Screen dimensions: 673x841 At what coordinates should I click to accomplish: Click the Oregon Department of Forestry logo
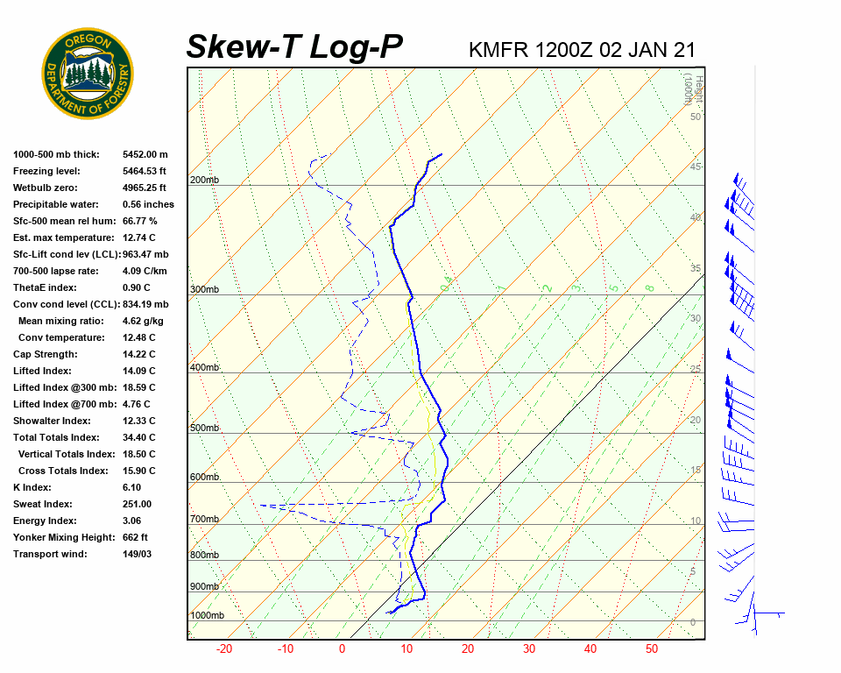pos(88,74)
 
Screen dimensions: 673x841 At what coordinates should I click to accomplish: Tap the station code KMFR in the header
pos(499,49)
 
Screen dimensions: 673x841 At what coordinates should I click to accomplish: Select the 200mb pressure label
pos(204,181)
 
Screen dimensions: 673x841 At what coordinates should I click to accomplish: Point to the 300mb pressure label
pos(204,290)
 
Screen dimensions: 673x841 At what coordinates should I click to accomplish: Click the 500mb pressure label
pos(204,428)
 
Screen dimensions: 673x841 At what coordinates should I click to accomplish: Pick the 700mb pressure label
pos(204,520)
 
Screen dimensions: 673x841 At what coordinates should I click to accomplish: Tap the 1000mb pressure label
pos(207,616)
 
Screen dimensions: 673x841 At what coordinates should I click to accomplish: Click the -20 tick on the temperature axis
pos(224,649)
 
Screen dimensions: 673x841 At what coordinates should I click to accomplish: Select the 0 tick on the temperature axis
pos(342,649)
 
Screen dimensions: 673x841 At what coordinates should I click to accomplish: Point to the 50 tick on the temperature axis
pos(651,649)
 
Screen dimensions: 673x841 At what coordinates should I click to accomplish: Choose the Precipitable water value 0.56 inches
pos(148,204)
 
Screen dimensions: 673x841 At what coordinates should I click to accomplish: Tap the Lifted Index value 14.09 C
pos(138,371)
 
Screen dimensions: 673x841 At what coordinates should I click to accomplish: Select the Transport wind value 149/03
pos(137,554)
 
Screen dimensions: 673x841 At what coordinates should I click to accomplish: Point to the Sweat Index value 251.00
pos(137,504)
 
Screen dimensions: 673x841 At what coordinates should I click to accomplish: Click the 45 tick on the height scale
pos(696,167)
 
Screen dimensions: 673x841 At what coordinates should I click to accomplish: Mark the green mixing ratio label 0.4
pos(446,284)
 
